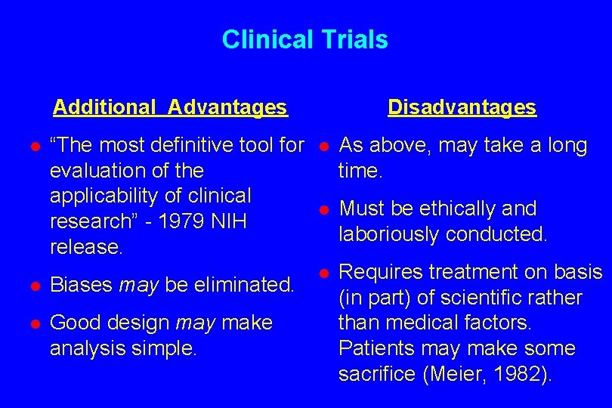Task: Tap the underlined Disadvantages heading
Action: [x=462, y=107]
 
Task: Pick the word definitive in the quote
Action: [x=172, y=145]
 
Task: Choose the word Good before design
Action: [x=74, y=323]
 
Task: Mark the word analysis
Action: [x=84, y=348]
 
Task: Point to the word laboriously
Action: [x=391, y=234]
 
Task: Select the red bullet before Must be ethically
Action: [x=323, y=209]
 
